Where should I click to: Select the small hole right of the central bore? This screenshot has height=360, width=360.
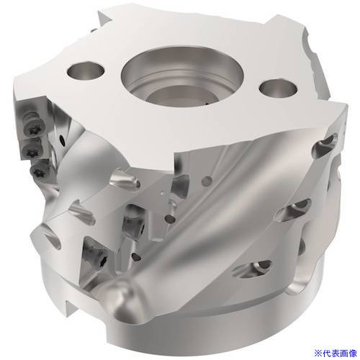click(279, 88)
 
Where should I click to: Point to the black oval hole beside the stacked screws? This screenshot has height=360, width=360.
click(63, 140)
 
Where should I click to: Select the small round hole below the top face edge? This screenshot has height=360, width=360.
click(208, 180)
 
